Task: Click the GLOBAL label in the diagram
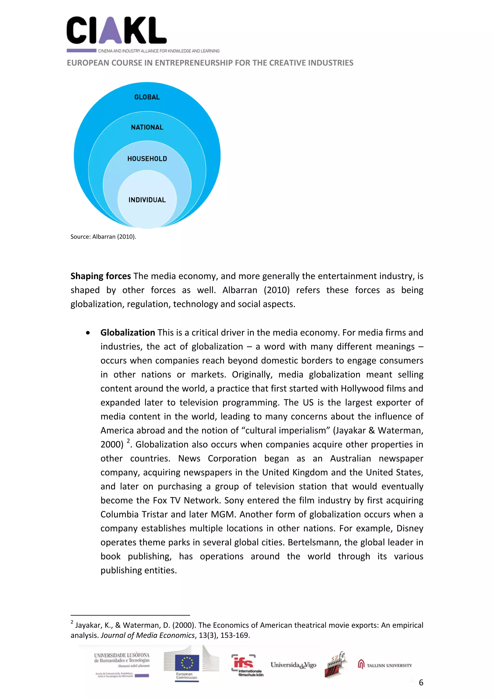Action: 147,97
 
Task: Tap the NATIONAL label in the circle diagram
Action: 147,127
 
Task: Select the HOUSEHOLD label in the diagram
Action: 147,159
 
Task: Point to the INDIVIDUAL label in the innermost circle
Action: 147,200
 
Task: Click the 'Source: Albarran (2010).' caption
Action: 103,236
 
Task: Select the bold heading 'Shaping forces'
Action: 100,276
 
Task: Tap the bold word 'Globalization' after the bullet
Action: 128,332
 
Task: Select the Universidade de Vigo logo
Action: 293,665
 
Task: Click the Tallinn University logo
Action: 385,665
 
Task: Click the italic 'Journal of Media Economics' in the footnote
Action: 148,635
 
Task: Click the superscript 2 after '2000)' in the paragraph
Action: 128,441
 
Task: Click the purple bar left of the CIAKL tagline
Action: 81,50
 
